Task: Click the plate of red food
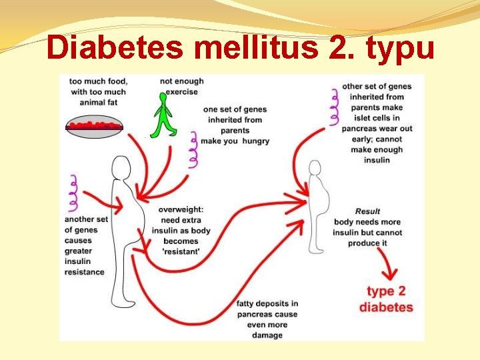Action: tap(94, 125)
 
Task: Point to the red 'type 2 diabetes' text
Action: tap(386, 299)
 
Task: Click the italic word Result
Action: tap(368, 212)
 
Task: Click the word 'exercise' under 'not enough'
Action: tap(182, 91)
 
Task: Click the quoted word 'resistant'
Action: tap(181, 252)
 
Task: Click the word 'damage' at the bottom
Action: tap(267, 335)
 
